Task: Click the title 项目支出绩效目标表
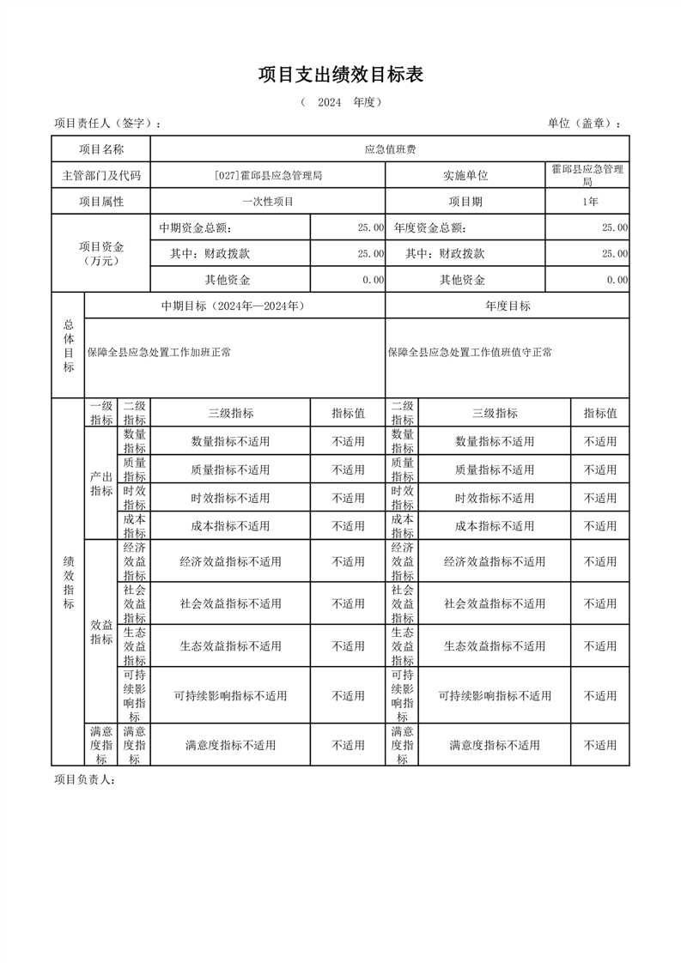341,76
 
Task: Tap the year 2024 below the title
331,102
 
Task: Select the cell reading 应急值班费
390,149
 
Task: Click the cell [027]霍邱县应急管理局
268,176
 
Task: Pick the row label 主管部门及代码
101,176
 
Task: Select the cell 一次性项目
268,202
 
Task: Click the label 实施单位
465,176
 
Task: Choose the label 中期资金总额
196,228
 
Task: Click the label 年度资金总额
430,228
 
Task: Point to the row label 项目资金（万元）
101,253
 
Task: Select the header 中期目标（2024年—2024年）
234,306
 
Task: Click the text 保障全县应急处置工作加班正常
159,352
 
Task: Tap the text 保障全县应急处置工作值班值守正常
470,352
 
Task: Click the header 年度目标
508,306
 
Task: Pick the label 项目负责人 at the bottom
84,779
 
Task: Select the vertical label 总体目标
68,346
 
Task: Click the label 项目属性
101,202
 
